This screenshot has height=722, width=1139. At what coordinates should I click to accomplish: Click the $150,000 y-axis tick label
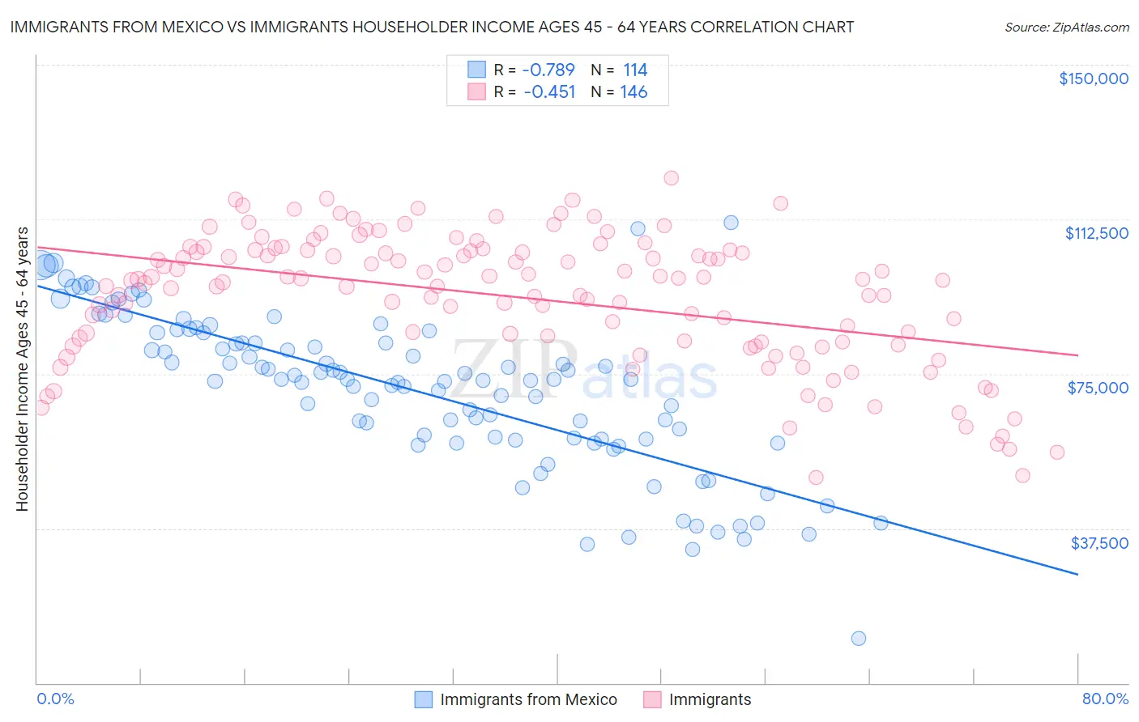1093,79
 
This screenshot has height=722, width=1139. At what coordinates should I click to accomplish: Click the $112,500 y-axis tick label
1096,233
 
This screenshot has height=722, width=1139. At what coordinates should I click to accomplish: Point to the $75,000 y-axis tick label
1098,388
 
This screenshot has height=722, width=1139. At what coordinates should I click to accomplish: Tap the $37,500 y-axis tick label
1099,543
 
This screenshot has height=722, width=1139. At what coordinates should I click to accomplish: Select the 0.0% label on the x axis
55,699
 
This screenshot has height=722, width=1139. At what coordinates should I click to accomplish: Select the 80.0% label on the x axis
1105,699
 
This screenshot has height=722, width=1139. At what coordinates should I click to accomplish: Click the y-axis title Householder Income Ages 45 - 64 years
22,369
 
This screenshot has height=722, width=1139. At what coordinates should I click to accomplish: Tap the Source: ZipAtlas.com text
1066,27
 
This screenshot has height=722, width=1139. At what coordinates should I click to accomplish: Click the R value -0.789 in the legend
548,70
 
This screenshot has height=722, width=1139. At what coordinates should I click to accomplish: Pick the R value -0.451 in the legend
548,91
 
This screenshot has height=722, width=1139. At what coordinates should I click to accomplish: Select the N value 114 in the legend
635,70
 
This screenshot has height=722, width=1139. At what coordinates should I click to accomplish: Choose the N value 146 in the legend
633,91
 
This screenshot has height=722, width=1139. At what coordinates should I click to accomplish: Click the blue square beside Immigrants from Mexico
423,699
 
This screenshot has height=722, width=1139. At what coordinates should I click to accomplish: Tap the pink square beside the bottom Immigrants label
652,699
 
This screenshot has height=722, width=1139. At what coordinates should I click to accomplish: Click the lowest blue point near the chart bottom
859,639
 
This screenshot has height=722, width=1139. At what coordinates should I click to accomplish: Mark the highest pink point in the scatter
671,178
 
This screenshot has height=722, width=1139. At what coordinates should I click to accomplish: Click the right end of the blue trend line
1077,574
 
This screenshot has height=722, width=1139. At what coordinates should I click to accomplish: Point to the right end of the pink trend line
1077,355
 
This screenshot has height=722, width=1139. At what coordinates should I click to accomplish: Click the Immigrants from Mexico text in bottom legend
528,699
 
